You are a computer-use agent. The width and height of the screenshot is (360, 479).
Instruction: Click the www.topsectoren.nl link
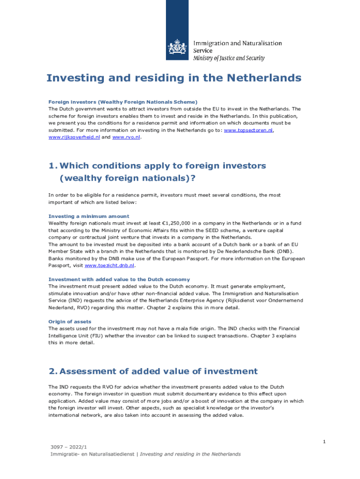248,130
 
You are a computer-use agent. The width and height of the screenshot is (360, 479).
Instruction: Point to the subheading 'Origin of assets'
70,321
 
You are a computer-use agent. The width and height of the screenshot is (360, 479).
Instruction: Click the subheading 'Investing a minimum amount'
88,216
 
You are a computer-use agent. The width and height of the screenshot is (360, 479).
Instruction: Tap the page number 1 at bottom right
324,442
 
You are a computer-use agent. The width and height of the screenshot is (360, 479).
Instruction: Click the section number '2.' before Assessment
53,371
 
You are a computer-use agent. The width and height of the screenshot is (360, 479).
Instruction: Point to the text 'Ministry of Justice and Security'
229,58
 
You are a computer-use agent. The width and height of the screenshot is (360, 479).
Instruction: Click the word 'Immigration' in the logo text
211,43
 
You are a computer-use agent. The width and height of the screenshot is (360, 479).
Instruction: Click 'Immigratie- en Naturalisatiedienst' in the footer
94,454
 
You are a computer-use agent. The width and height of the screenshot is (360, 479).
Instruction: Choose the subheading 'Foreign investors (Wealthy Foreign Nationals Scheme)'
123,102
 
